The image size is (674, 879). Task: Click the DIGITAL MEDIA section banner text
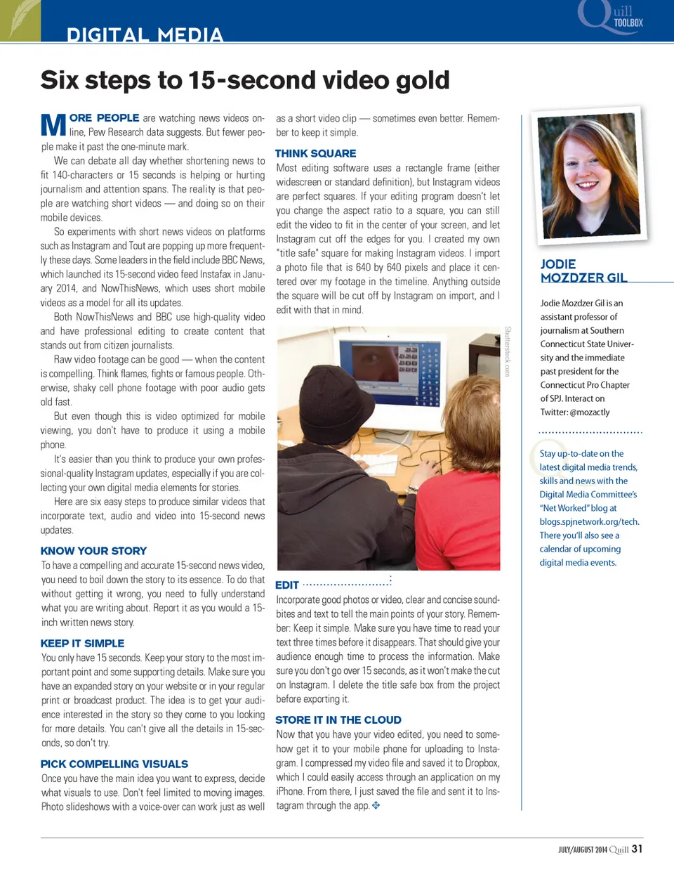[x=145, y=34]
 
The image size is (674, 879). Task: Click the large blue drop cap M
[x=53, y=125]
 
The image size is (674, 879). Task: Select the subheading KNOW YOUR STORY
[x=93, y=551]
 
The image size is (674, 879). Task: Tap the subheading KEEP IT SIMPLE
[x=82, y=643]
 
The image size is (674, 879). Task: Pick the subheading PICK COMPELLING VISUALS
[x=114, y=764]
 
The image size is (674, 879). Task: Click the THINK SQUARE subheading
[x=315, y=153]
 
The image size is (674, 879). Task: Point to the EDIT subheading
[x=287, y=585]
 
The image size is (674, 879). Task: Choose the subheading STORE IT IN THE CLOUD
[x=338, y=720]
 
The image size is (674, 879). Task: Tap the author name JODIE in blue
[x=558, y=264]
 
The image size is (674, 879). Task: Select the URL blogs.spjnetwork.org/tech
[x=589, y=521]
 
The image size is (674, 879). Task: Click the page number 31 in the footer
[x=637, y=849]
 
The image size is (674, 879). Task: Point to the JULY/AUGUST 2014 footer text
[x=583, y=849]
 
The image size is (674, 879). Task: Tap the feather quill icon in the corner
[x=20, y=20]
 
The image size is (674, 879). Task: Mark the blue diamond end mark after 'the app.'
[x=376, y=805]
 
